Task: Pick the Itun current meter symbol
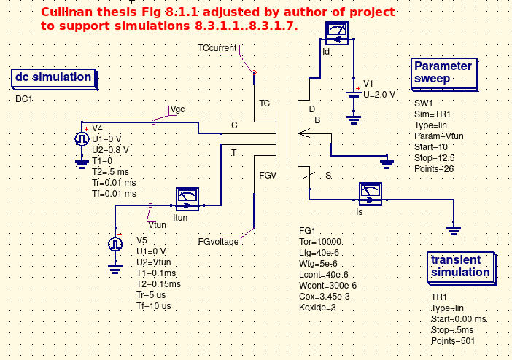point(187,197)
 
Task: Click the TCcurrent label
point(217,48)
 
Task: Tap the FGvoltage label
point(218,241)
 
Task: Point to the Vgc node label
point(178,109)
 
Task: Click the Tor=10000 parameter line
point(321,242)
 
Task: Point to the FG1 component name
point(306,231)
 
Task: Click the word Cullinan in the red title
point(66,13)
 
